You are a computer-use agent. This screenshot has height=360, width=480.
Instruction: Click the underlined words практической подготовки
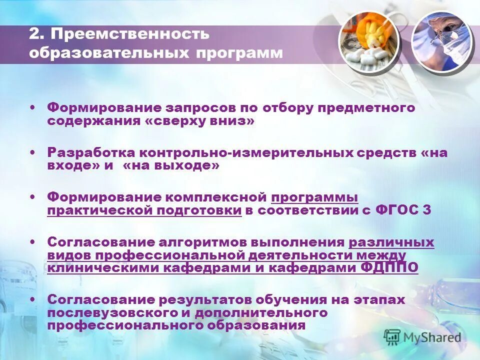click(144, 210)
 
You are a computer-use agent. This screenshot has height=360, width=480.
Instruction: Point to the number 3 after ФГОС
click(426, 210)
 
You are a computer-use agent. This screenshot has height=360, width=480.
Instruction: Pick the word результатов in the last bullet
click(205, 300)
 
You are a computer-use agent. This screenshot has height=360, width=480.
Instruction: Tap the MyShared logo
click(422, 336)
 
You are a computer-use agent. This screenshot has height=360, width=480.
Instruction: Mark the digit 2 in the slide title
click(34, 34)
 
